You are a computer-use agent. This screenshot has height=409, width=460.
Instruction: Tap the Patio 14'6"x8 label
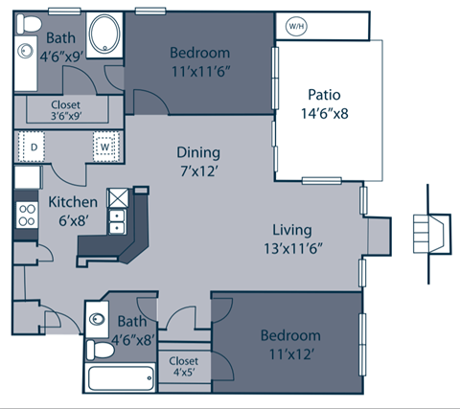pos(327,103)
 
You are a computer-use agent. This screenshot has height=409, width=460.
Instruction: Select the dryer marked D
pos(33,147)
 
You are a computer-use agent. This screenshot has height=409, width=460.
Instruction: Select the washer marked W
pos(104,147)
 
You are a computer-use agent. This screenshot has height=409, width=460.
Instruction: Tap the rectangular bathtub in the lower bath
pos(120,375)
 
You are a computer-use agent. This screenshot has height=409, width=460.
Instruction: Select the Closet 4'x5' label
pos(184,368)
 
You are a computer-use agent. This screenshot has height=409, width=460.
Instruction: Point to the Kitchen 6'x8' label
pos(73,211)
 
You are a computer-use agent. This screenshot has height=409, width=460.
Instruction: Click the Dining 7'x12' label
pos(198,161)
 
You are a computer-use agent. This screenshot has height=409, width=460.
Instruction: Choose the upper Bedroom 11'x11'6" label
pos(201,60)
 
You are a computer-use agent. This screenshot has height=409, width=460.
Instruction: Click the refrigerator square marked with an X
pos(119,196)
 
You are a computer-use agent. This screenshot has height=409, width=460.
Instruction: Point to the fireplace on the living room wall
pos(378,234)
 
